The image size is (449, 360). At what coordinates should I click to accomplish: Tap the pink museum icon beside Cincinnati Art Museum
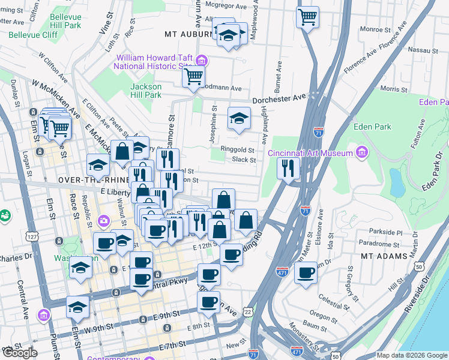pyautogui.click(x=361, y=153)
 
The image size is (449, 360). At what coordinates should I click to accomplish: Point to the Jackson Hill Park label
pyautogui.click(x=146, y=91)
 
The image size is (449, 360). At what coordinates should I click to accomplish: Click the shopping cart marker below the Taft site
pyautogui.click(x=193, y=77)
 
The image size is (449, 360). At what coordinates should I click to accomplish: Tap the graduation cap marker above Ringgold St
pyautogui.click(x=239, y=118)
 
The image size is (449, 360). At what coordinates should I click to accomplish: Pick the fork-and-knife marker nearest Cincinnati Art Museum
pyautogui.click(x=289, y=168)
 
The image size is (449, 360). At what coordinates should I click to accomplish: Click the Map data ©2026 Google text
pyautogui.click(x=411, y=355)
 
